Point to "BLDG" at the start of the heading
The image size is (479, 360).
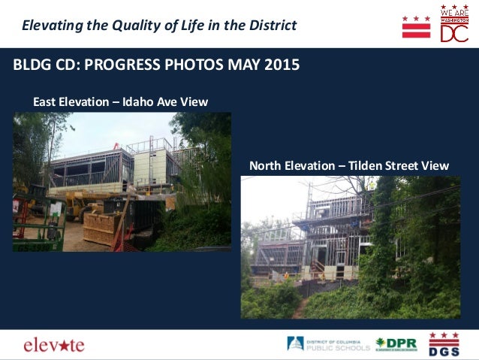30,65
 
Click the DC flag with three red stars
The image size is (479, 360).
416,27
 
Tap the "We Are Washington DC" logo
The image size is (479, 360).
454,24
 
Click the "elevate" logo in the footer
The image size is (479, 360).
54,345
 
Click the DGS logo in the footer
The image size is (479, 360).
443,344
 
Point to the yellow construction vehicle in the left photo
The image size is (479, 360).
83,202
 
